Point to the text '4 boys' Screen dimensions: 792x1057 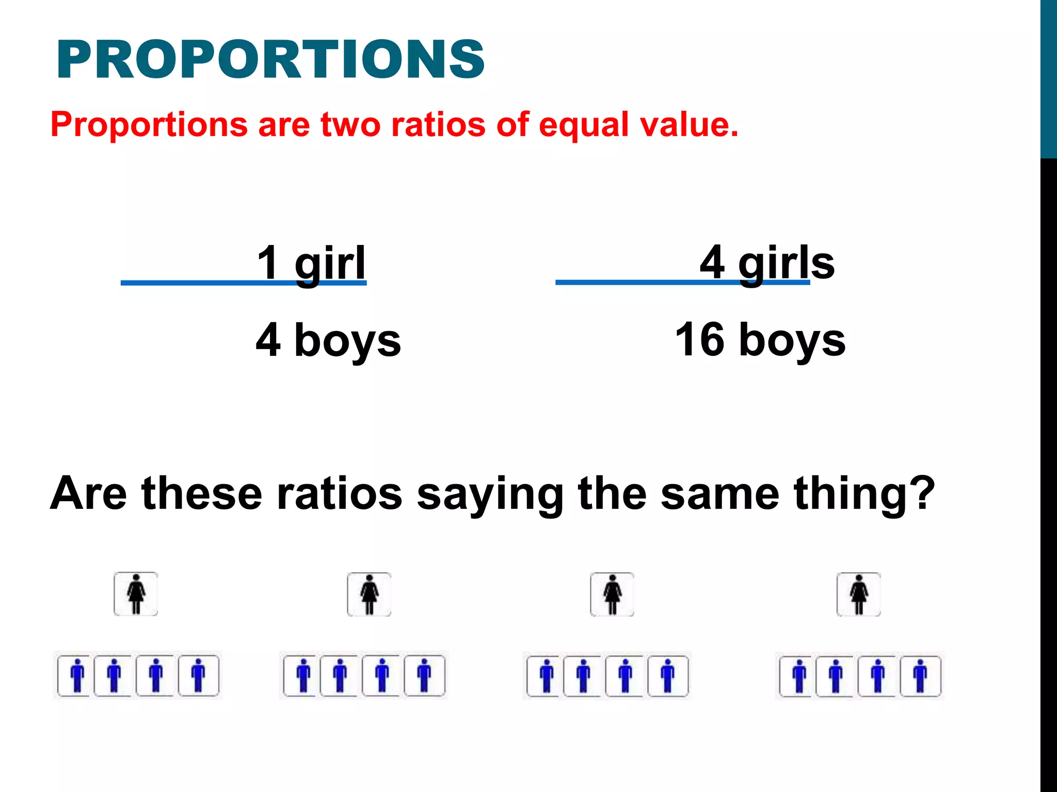click(x=328, y=340)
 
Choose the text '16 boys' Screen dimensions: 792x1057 click(x=760, y=340)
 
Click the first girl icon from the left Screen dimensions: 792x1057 click(x=136, y=594)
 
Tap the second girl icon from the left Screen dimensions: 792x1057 click(x=369, y=595)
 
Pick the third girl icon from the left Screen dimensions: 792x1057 click(x=612, y=595)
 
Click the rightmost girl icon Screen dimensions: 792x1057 click(x=859, y=595)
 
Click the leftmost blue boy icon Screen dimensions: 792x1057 click(x=76, y=675)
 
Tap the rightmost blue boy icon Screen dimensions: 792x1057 click(x=920, y=675)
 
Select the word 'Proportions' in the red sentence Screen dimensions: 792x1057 click(x=149, y=125)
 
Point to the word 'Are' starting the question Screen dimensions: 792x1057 click(x=88, y=494)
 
